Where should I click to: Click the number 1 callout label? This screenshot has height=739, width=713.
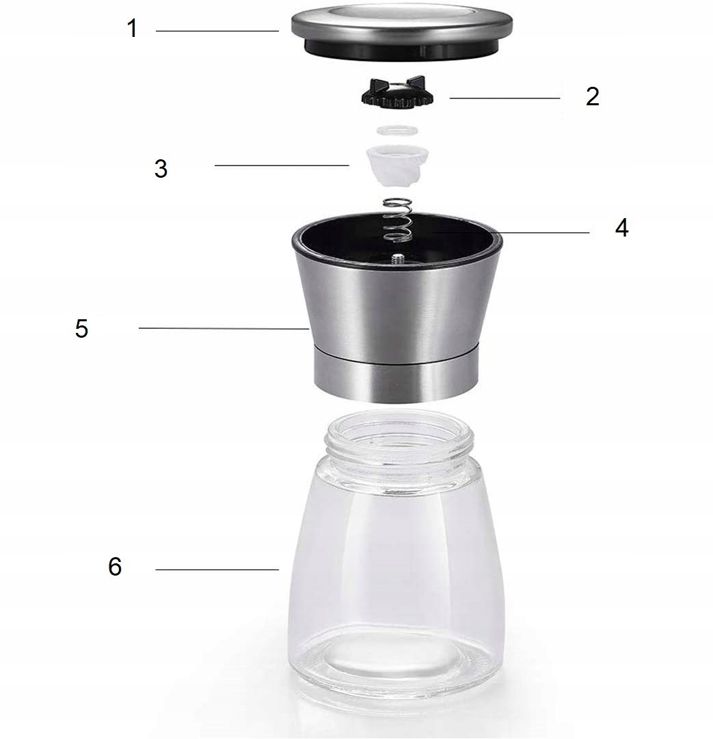133,29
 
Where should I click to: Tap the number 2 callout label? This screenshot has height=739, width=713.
593,96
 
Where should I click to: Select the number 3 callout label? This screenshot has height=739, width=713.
161,168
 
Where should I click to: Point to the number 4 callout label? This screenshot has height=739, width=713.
621,228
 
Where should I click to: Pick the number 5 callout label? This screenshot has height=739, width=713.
81,329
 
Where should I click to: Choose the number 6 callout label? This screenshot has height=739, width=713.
115,566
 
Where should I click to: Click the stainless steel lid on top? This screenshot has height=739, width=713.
401,31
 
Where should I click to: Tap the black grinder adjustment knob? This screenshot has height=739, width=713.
397,94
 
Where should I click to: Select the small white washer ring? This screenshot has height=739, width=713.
398,130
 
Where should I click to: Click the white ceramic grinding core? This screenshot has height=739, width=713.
397,165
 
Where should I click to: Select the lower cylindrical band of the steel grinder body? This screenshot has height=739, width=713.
396,373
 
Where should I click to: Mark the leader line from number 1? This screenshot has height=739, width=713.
217,31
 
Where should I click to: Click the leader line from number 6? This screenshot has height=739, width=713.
217,570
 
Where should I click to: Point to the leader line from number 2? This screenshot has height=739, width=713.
505,98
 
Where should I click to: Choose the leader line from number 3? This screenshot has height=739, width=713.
282,165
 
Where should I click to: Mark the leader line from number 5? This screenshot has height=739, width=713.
224,328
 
